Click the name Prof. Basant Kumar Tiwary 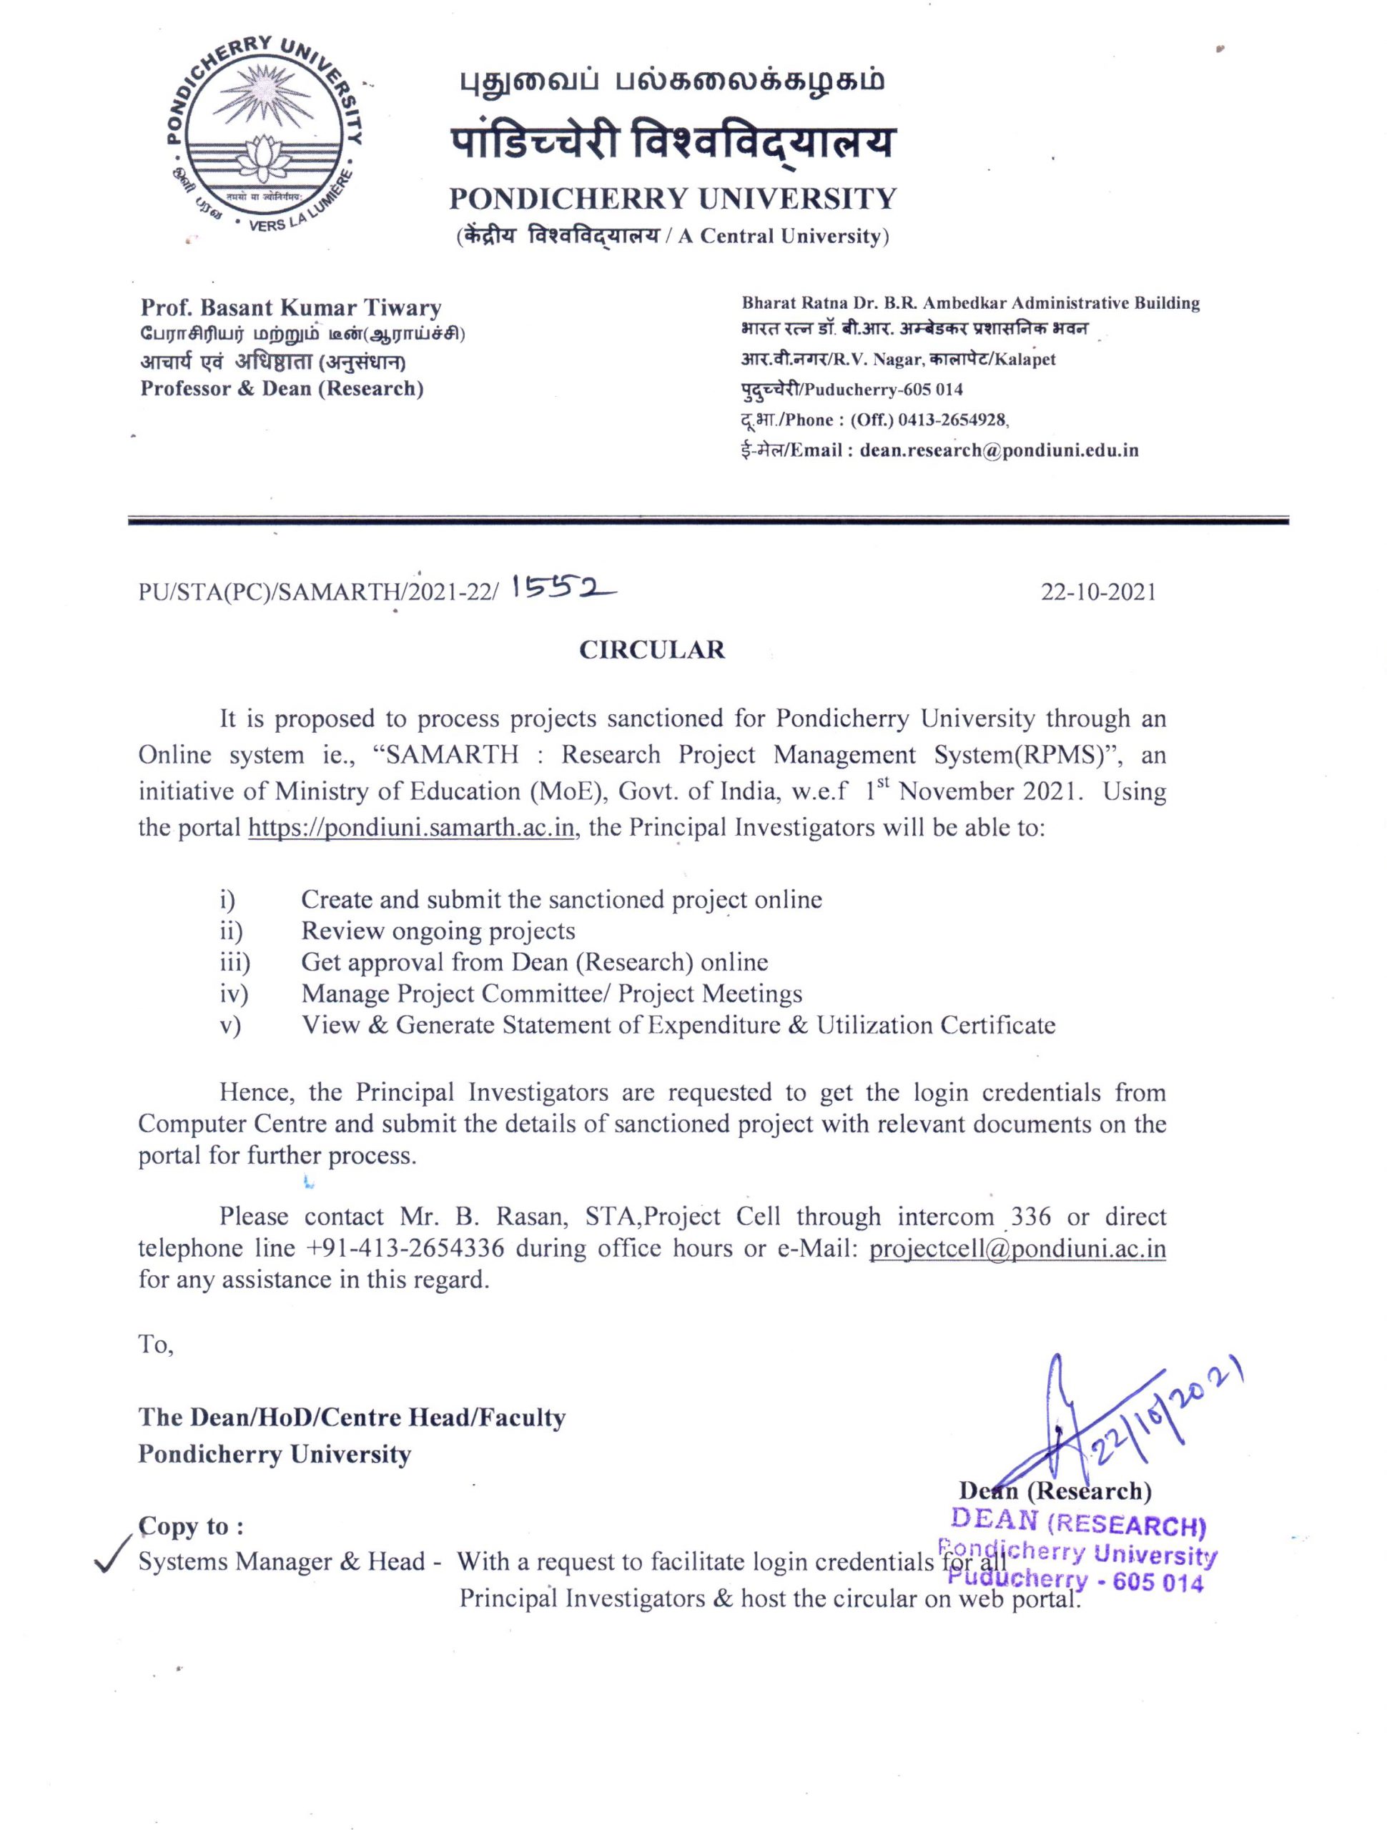point(290,309)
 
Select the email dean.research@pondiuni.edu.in point(999,451)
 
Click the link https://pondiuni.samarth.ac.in point(411,827)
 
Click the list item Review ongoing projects point(438,931)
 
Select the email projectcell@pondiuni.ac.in point(1017,1247)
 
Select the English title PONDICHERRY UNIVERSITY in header point(672,199)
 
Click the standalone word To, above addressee point(156,1345)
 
